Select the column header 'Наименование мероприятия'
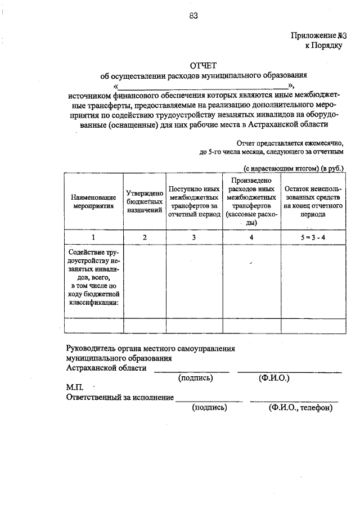(x=93, y=202)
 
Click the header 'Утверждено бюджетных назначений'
(x=145, y=201)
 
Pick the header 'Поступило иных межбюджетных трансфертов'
(x=193, y=202)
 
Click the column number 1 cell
(x=93, y=237)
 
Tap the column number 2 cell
(x=145, y=237)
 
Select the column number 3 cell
(x=193, y=237)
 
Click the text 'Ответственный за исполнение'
(x=120, y=398)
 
